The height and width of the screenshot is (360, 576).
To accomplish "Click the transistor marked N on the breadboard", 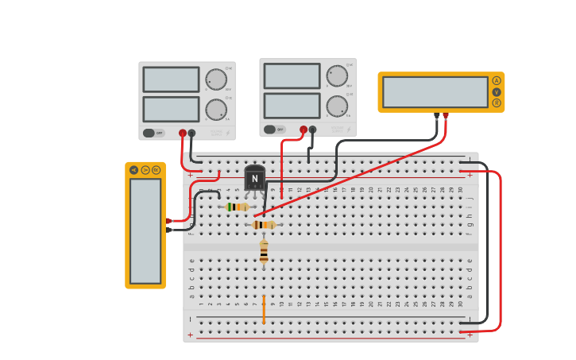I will tap(254, 179).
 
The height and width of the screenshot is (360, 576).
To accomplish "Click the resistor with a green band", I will tap(237, 207).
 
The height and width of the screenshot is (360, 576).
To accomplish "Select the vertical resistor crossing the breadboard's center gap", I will tap(264, 252).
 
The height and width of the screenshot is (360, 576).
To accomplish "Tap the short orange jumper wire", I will tap(264, 310).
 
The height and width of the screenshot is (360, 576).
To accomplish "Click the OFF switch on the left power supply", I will tap(154, 133).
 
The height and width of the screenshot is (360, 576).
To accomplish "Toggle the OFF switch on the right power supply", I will tap(275, 130).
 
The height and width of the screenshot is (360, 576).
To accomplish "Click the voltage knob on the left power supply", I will tap(215, 79).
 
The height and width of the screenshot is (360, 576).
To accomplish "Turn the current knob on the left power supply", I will tap(215, 110).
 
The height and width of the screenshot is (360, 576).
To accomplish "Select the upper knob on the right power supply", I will tap(337, 75).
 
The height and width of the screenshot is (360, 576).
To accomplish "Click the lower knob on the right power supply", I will tap(337, 106).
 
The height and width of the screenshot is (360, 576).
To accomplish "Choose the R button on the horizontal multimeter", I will tap(497, 103).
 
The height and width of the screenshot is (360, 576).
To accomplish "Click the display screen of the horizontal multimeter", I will tap(435, 92).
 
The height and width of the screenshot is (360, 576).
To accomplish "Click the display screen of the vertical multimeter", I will tap(145, 230).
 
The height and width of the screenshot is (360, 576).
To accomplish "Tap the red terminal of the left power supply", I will tap(183, 134).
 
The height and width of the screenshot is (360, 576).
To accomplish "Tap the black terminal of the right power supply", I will tap(312, 130).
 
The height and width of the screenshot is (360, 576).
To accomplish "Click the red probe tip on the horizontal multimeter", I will tap(446, 116).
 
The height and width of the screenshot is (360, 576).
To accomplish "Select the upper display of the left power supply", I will tap(171, 79).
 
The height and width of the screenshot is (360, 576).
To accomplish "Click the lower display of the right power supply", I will tap(292, 106).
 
